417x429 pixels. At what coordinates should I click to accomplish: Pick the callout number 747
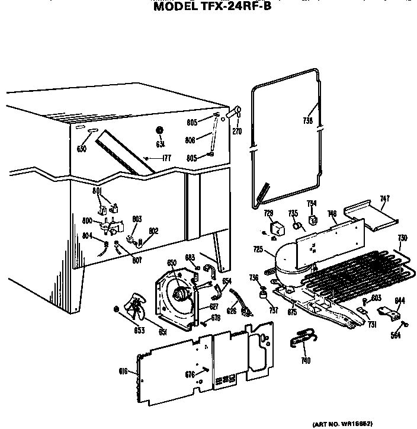384,200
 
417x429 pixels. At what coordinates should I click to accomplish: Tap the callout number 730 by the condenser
402,238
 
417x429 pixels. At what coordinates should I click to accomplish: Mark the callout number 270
237,131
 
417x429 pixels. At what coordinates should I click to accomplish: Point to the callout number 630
82,149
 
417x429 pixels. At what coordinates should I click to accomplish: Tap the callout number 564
396,337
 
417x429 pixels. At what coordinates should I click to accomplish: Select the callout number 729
268,213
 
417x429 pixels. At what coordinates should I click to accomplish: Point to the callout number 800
87,221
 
